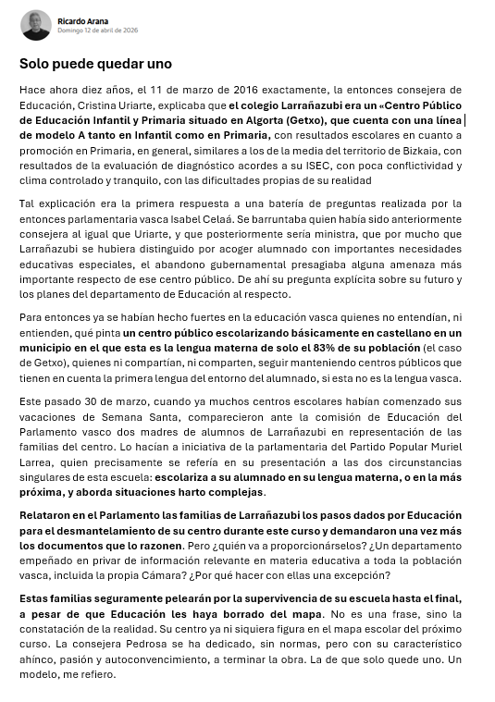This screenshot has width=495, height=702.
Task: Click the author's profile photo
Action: pos(35,25)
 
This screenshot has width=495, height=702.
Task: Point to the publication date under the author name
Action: pos(97,31)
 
